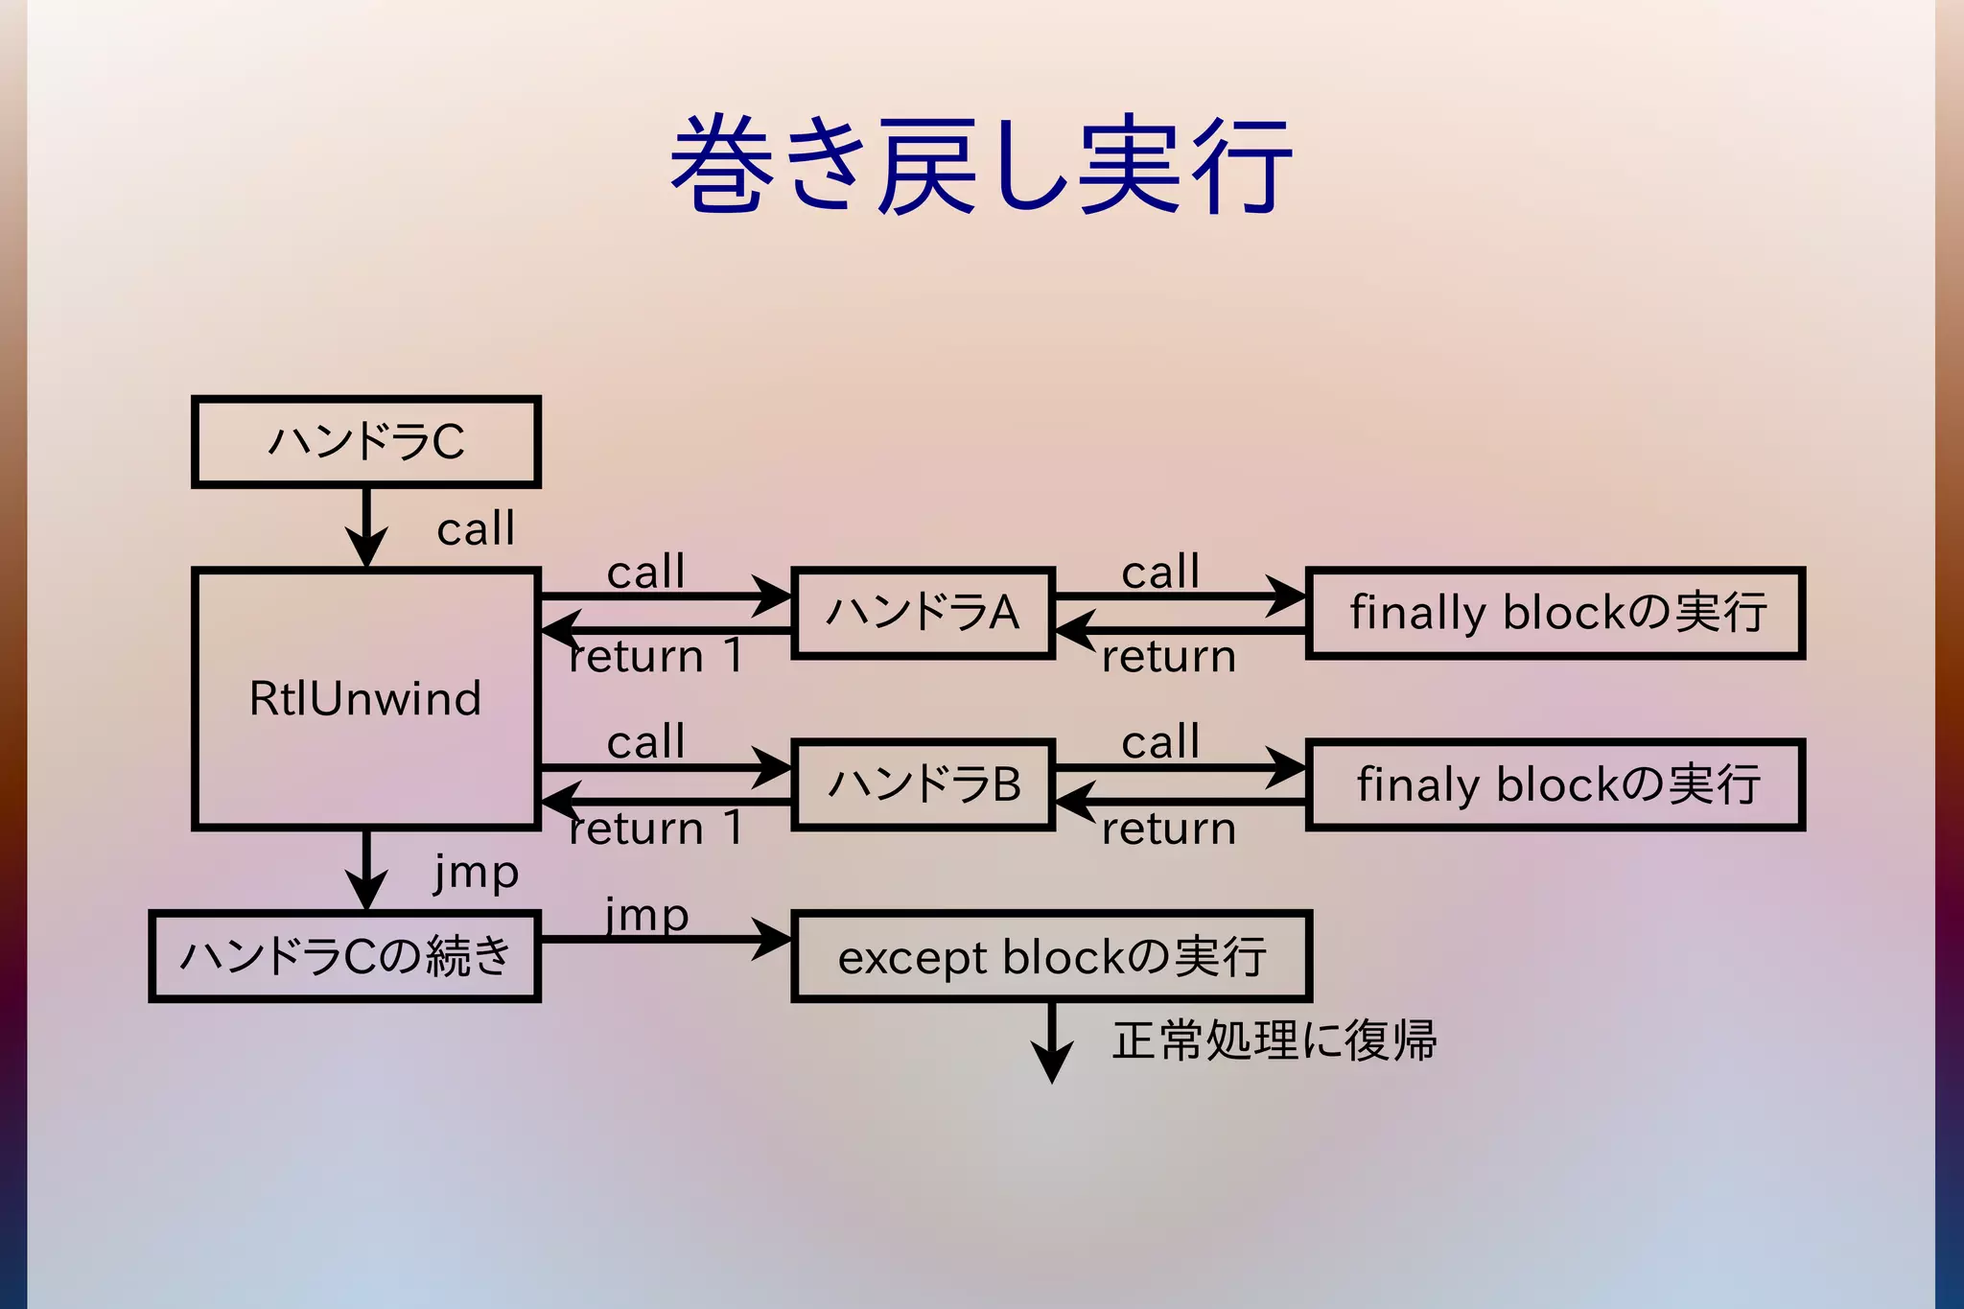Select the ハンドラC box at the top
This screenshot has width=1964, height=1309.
(366, 442)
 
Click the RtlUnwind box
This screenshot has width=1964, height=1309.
(366, 698)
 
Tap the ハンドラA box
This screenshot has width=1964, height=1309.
(923, 612)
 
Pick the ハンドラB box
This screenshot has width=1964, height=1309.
(923, 784)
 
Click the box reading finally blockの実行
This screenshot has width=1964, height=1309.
(1555, 612)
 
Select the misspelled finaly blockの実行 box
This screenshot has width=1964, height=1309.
(1555, 784)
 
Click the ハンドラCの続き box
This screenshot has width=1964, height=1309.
(345, 956)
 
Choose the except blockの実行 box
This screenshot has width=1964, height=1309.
(1051, 956)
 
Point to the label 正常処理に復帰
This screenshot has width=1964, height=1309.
(1274, 1040)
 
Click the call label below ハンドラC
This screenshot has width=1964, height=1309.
(476, 529)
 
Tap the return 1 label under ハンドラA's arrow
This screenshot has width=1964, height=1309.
(656, 657)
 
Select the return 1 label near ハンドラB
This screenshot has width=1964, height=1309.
(656, 829)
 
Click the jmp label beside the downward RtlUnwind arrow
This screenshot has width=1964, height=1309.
(476, 873)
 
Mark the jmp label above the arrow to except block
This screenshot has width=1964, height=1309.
(646, 915)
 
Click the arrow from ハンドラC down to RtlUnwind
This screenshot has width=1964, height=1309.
(366, 527)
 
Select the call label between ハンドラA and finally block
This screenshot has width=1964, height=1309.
(1160, 573)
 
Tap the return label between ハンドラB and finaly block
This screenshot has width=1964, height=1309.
(1168, 829)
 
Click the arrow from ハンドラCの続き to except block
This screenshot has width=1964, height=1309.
(666, 939)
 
